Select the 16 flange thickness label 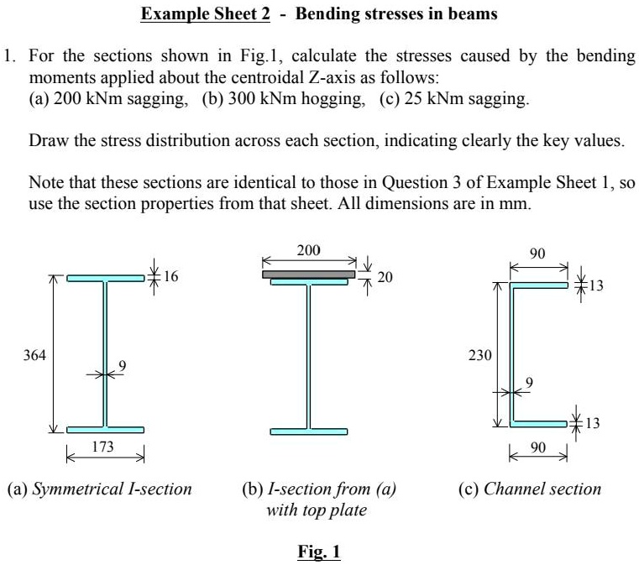point(172,276)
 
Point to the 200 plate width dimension point(308,249)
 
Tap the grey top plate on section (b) point(308,274)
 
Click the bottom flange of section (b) point(308,432)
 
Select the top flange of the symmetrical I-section point(105,278)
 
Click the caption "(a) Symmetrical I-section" point(99,489)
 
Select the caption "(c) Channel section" point(530,489)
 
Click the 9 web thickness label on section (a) point(123,365)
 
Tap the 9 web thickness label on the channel point(528,383)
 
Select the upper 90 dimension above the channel point(539,253)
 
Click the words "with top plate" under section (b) point(317,510)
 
